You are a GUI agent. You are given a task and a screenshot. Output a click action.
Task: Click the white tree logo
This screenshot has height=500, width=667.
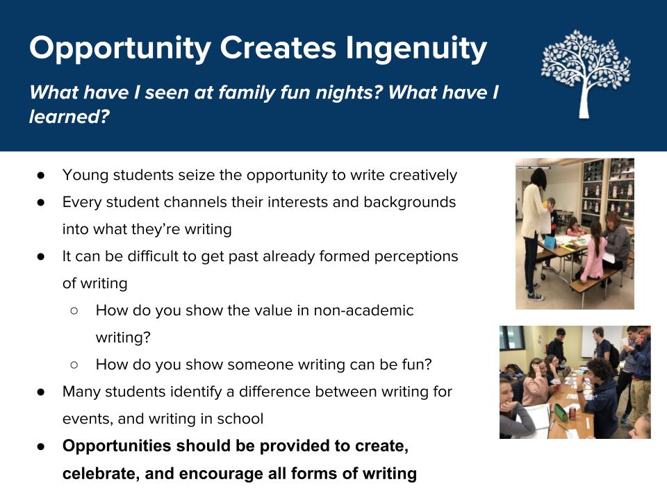[585, 74]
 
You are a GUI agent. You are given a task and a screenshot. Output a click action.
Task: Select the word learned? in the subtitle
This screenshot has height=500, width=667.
[69, 117]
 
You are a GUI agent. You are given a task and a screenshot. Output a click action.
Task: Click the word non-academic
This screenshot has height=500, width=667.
[363, 310]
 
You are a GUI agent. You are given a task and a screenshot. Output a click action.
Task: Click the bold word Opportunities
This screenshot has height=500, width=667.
[116, 446]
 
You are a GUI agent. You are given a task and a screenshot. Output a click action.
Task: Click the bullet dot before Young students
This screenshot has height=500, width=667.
[41, 175]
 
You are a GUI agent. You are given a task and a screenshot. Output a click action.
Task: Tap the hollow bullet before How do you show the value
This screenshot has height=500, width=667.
[74, 311]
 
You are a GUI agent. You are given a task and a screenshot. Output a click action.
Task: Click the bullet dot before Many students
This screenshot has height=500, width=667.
[41, 392]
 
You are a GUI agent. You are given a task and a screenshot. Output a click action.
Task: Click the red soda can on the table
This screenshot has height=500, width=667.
[572, 412]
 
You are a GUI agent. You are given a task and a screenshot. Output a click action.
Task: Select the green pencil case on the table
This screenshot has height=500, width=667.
[560, 412]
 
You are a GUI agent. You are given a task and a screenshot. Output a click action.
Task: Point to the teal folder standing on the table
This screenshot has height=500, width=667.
[549, 243]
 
